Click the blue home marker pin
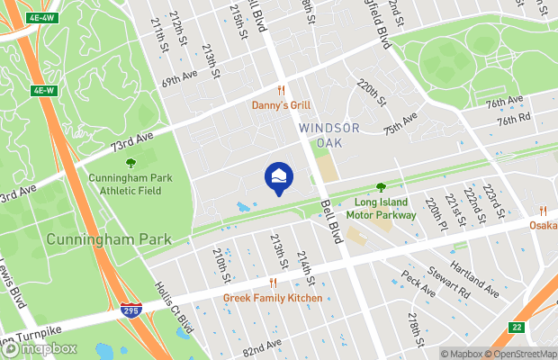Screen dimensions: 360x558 (x=278, y=175)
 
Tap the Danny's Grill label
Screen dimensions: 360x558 (x=281, y=105)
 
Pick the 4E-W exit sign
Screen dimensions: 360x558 (x=43, y=90)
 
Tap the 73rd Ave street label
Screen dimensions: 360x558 (x=132, y=140)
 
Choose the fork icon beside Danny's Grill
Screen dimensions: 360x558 (x=281, y=90)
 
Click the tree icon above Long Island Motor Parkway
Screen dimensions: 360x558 (x=380, y=187)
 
